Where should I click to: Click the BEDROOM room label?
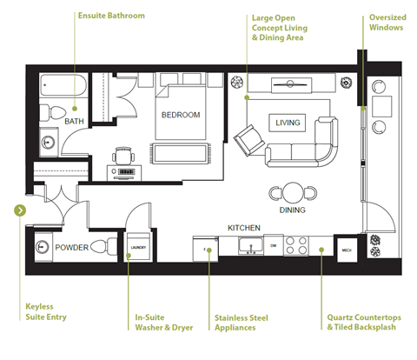coord(181,115)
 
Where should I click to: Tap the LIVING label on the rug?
coord(288,123)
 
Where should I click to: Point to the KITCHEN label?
coord(244,227)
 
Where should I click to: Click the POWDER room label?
coord(72,248)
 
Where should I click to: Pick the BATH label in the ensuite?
coord(74,122)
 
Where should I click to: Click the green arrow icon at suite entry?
coord(20,210)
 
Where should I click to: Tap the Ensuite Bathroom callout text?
coord(111,16)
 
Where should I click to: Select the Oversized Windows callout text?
coord(387,22)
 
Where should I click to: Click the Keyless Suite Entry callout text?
coord(45,311)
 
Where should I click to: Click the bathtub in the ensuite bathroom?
coord(64,88)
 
